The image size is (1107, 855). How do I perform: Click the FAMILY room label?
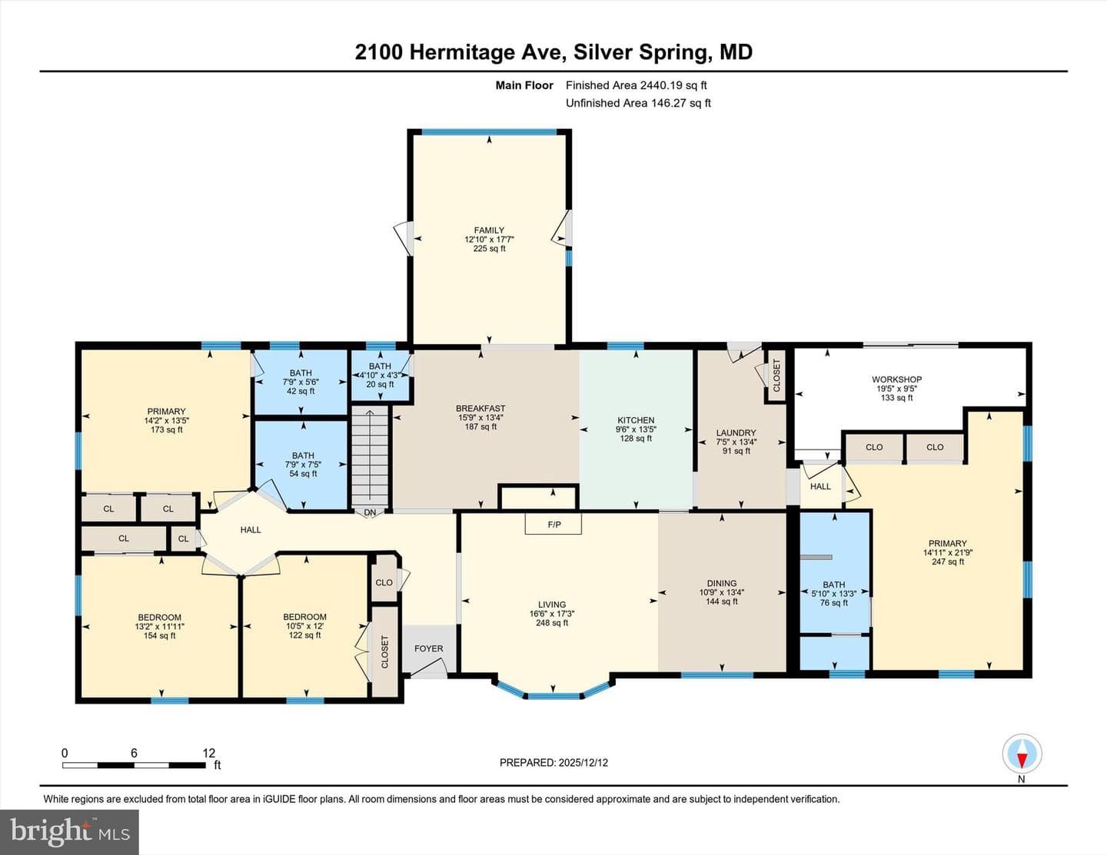click(489, 230)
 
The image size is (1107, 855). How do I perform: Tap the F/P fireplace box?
click(553, 524)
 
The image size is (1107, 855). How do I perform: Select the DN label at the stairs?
click(370, 512)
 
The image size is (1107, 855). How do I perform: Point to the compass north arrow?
click(1022, 754)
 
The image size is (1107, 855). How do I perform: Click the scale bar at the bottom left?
click(134, 765)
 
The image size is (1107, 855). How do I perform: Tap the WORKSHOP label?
click(896, 379)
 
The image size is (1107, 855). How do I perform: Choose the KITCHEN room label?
click(636, 420)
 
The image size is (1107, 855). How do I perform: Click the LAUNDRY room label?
click(736, 432)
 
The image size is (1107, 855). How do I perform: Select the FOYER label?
click(428, 648)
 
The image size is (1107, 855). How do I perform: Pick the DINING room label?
click(721, 583)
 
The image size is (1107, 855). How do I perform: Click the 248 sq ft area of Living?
click(552, 622)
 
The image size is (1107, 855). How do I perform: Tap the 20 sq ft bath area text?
click(380, 384)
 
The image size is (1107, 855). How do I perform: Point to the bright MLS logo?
click(69, 833)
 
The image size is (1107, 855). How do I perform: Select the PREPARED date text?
click(553, 762)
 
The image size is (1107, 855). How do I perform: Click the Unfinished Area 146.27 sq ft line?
click(638, 103)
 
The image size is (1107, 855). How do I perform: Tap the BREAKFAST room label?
click(480, 408)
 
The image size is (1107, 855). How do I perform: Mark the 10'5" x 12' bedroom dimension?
click(304, 626)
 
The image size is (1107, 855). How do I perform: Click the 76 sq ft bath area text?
click(834, 602)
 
